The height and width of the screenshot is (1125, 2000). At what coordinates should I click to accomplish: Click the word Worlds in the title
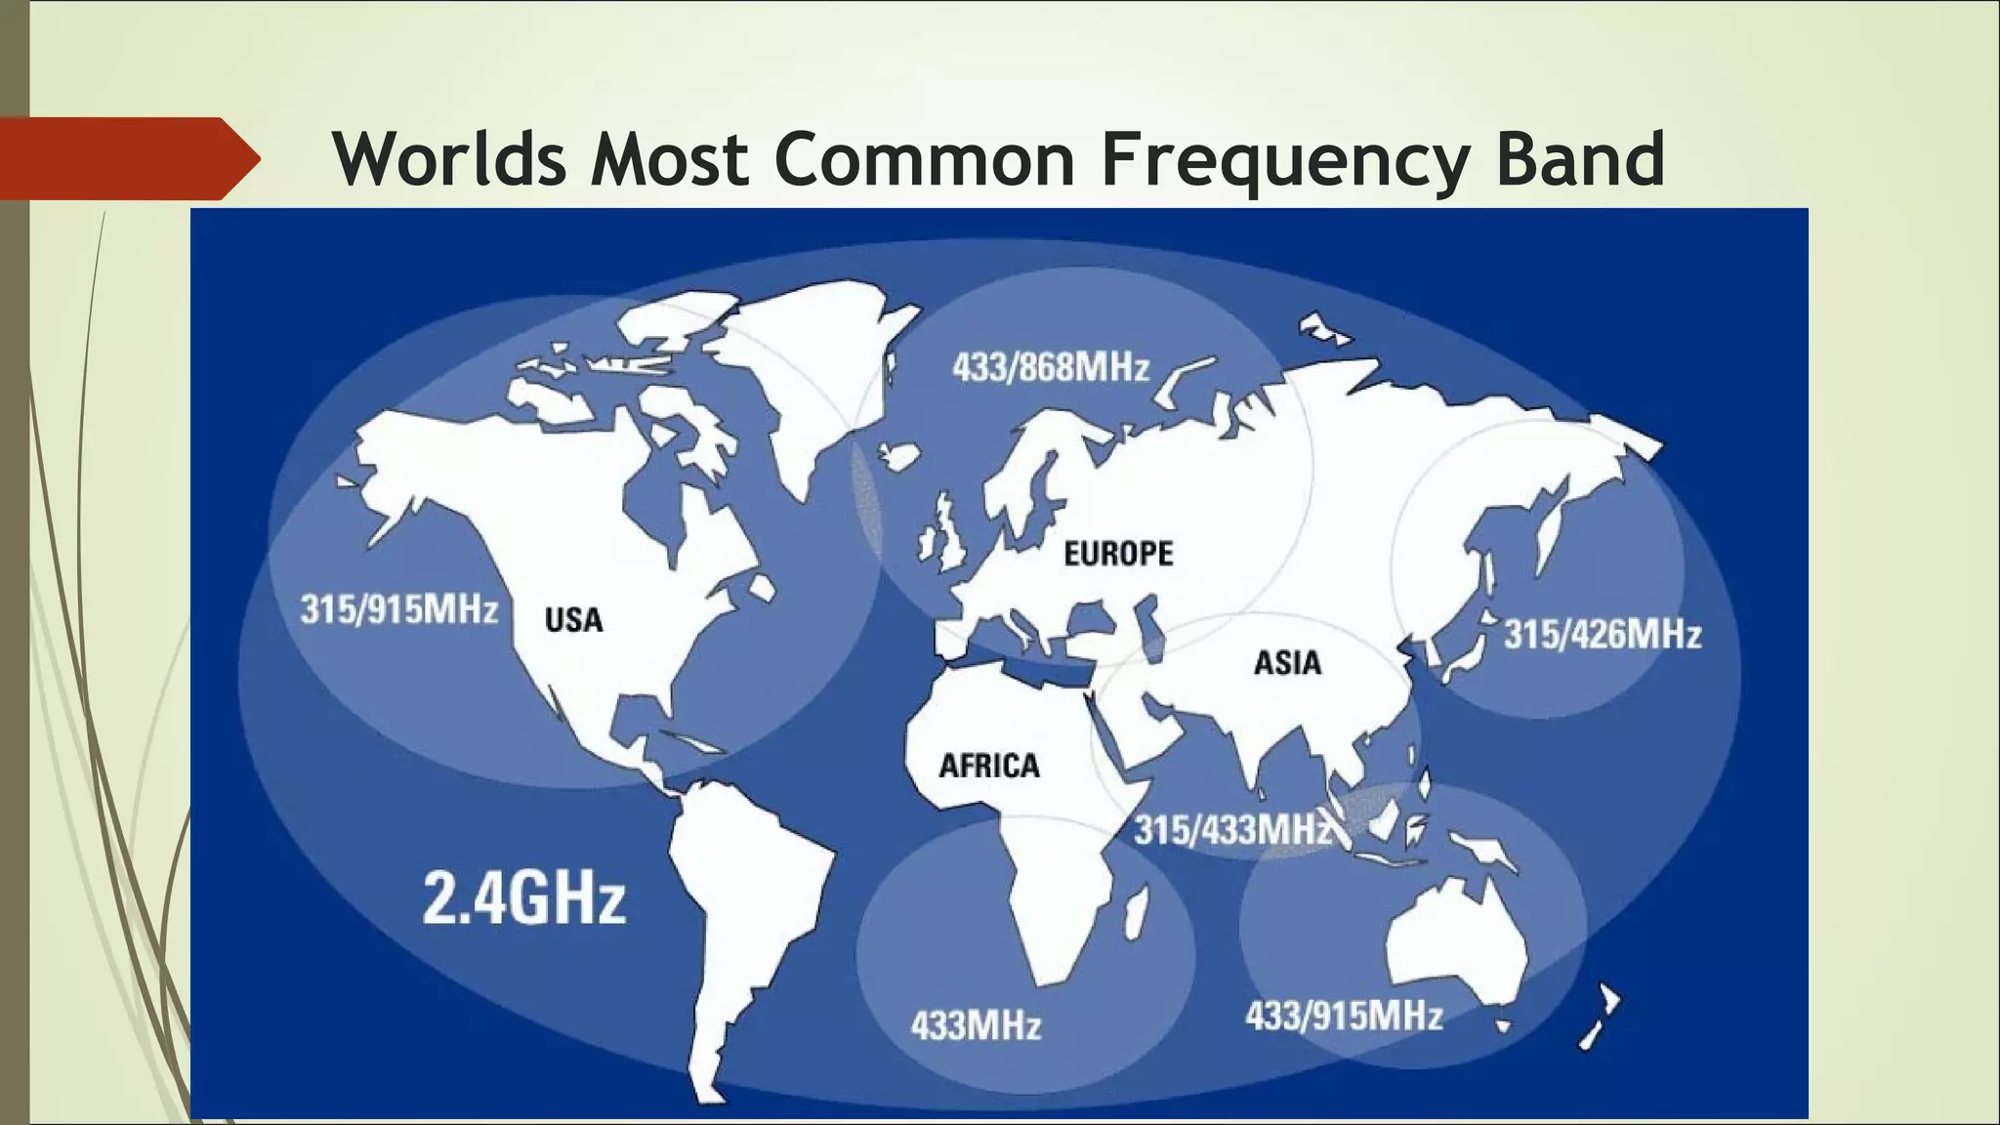point(449,158)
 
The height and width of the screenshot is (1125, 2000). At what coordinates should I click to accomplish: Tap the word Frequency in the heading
point(1284,158)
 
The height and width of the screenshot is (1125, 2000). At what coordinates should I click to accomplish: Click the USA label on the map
point(573,620)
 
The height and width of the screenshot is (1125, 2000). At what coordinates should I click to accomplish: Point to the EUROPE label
point(1118,554)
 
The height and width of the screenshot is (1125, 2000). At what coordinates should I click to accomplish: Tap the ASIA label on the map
point(1287,663)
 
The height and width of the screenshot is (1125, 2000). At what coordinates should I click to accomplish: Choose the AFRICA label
point(989,766)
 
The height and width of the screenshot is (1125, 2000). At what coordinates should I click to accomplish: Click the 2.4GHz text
point(523,898)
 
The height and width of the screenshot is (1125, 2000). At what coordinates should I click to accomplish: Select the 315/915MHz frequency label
point(398,609)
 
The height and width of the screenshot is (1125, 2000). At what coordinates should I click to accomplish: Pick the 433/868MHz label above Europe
point(1051,368)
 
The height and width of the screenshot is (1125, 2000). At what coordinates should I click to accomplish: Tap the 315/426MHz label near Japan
point(1602,635)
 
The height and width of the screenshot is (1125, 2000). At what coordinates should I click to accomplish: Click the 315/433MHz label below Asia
point(1232,831)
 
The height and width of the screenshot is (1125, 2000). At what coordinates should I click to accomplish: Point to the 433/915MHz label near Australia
point(1344,1016)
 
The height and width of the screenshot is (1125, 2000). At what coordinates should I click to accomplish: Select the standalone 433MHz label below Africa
point(976,1025)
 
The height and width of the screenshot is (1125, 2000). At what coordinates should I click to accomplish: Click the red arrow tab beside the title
point(127,158)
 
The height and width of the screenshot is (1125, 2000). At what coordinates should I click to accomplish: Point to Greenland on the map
point(820,371)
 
